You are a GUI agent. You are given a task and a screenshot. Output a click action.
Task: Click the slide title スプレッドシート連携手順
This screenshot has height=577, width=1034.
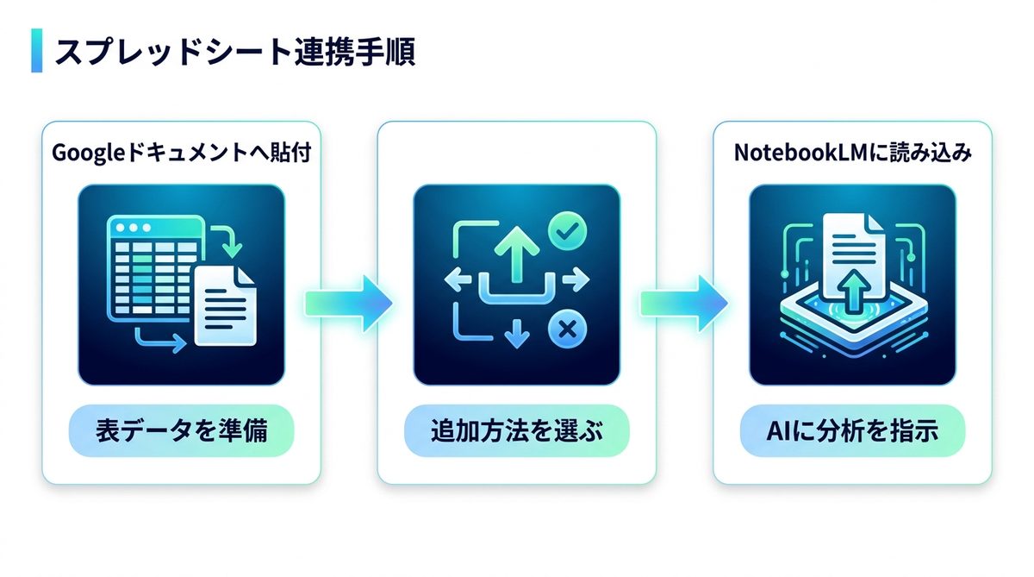pyautogui.click(x=235, y=51)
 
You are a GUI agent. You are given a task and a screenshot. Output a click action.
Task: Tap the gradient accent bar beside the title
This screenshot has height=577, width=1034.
pyautogui.click(x=37, y=50)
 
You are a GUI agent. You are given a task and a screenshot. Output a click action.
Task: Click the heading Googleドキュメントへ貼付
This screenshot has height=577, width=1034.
pyautogui.click(x=182, y=153)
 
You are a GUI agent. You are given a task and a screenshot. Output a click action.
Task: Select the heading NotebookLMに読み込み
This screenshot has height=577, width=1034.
pyautogui.click(x=852, y=153)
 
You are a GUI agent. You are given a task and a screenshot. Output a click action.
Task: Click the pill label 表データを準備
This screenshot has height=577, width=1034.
pyautogui.click(x=182, y=430)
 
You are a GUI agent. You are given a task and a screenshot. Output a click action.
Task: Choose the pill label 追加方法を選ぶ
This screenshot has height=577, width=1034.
pyautogui.click(x=517, y=430)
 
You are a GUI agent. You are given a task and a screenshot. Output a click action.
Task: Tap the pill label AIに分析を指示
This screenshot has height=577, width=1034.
pyautogui.click(x=852, y=430)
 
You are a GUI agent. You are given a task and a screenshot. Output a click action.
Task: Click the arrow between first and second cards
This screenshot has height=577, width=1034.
pyautogui.click(x=348, y=304)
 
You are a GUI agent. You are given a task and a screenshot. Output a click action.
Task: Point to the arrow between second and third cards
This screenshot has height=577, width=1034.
pyautogui.click(x=684, y=304)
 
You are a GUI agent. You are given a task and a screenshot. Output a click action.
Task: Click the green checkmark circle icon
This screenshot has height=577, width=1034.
pyautogui.click(x=567, y=231)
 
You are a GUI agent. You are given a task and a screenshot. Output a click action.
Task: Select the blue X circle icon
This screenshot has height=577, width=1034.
pyautogui.click(x=567, y=329)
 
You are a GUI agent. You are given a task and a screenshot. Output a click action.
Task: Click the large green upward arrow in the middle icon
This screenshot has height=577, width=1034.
pyautogui.click(x=516, y=254)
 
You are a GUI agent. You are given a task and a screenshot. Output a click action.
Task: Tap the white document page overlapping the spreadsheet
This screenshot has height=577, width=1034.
pyautogui.click(x=225, y=306)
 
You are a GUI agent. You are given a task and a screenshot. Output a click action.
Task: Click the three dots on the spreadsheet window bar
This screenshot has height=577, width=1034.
pyautogui.click(x=134, y=228)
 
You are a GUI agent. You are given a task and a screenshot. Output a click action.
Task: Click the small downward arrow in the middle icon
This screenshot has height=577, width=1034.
pyautogui.click(x=516, y=333)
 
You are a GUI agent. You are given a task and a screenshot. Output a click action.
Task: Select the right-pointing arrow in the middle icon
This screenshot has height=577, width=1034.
pyautogui.click(x=576, y=279)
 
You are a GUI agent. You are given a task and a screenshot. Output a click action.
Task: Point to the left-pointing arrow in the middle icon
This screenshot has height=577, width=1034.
pyautogui.click(x=458, y=279)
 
